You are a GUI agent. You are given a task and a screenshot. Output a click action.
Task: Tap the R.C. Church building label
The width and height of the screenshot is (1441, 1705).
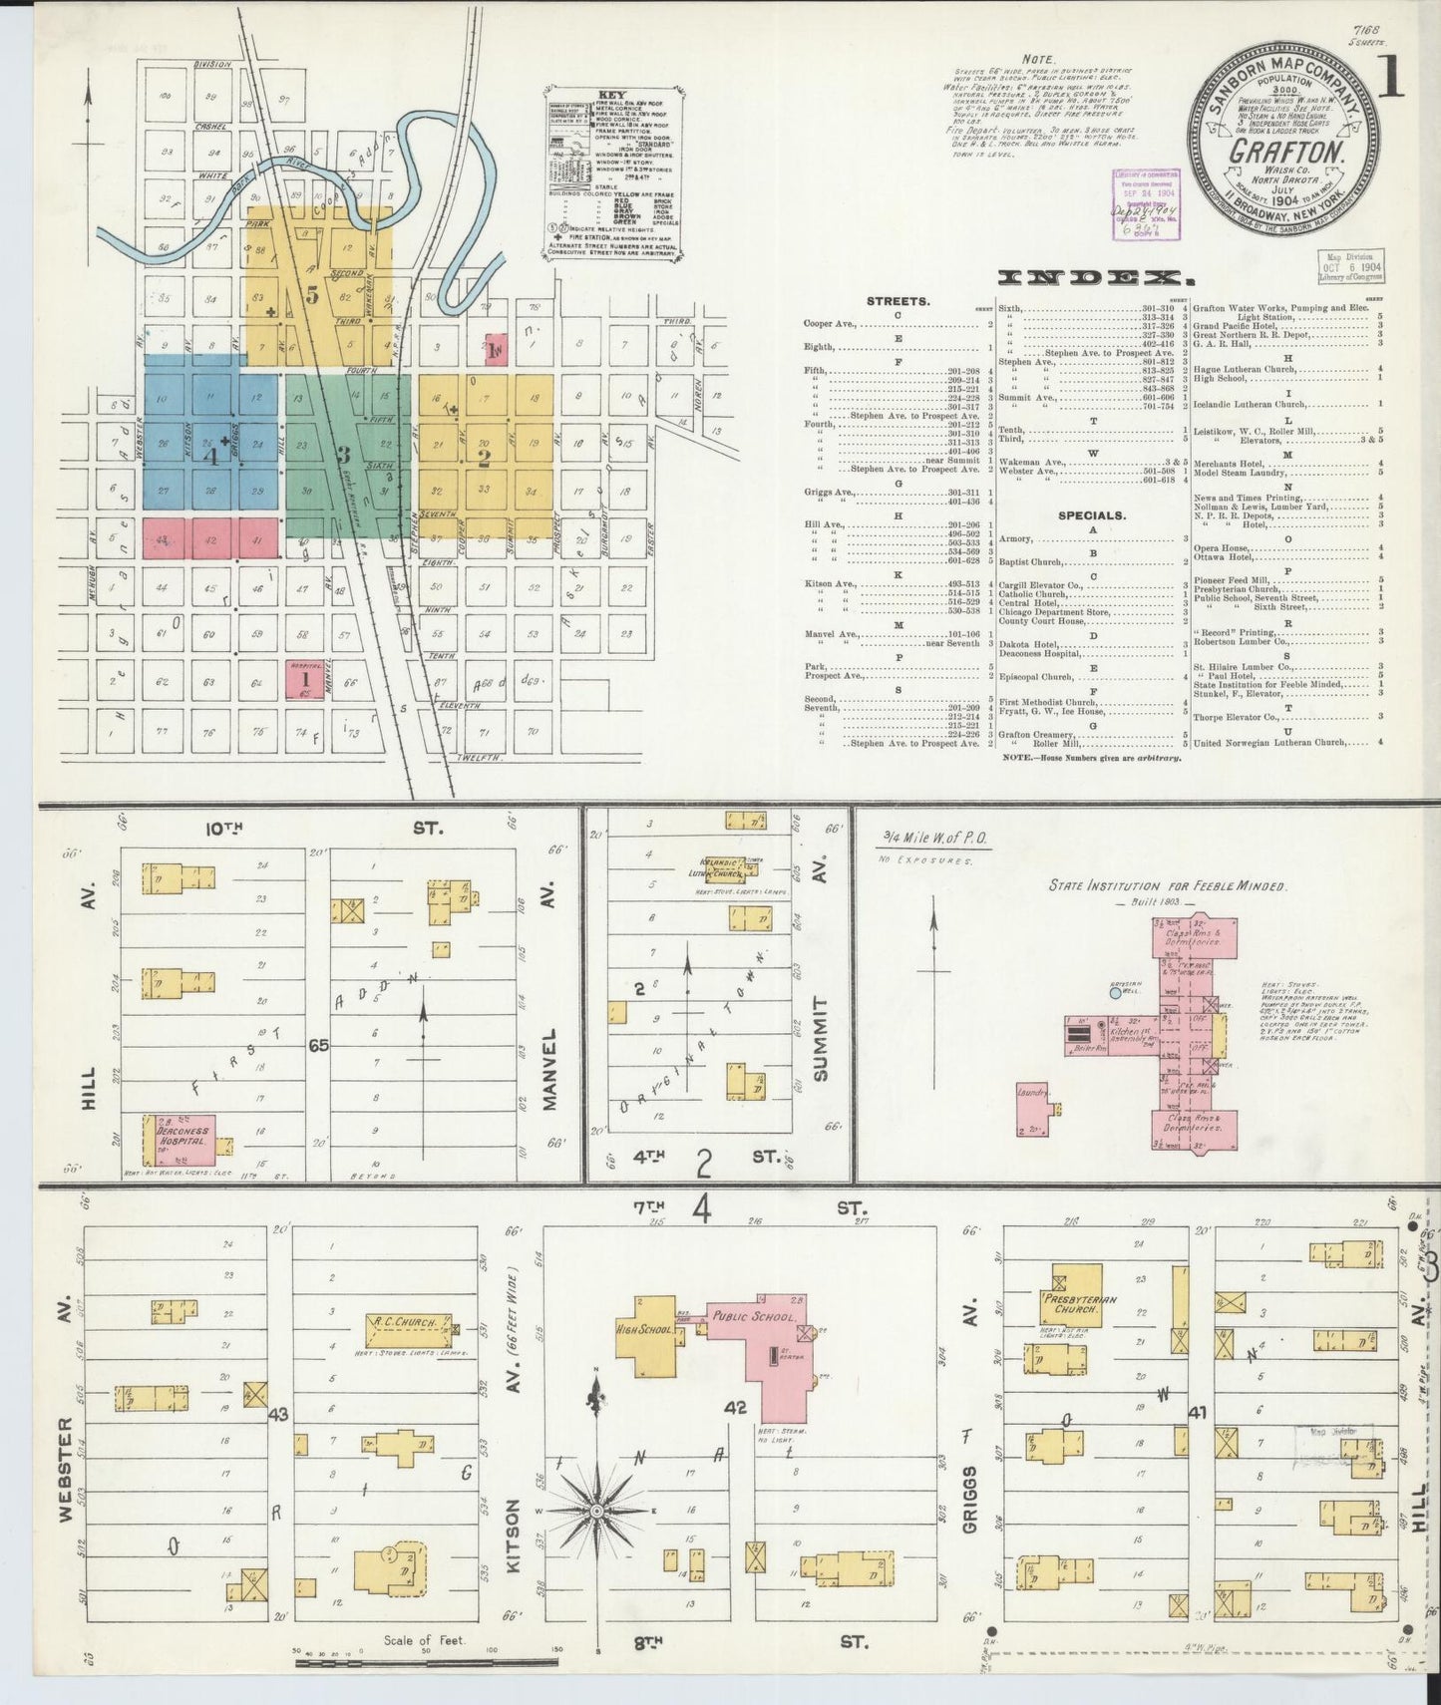[402, 1323]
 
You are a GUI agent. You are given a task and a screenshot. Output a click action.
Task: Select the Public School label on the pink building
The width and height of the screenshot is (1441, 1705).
[753, 1317]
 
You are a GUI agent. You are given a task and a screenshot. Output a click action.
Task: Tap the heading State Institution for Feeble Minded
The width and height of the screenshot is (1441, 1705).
[1167, 885]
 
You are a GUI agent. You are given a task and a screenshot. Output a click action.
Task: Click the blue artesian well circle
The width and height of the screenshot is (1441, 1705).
[1116, 993]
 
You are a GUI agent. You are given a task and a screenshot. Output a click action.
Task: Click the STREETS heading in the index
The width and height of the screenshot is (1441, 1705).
[899, 299]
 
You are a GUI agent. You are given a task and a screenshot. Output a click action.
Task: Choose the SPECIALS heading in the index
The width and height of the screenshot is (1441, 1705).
[1093, 515]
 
